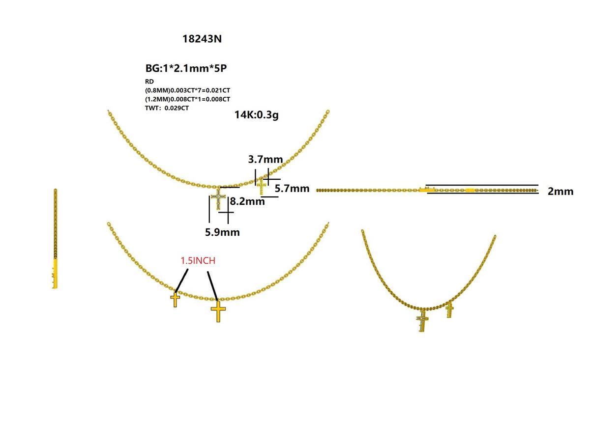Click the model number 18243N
202,39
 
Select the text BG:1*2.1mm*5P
186,68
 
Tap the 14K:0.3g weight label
257,115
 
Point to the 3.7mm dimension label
265,159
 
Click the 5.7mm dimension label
292,189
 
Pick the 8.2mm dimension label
247,201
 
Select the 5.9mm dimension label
222,232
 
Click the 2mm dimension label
560,192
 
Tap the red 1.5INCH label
198,260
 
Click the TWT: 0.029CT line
167,108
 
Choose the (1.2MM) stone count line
187,99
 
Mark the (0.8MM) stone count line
187,90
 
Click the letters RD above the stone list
149,82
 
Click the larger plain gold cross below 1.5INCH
218,311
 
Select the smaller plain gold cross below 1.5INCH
175,299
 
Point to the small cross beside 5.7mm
261,186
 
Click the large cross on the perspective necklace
422,321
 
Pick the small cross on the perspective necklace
449,310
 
